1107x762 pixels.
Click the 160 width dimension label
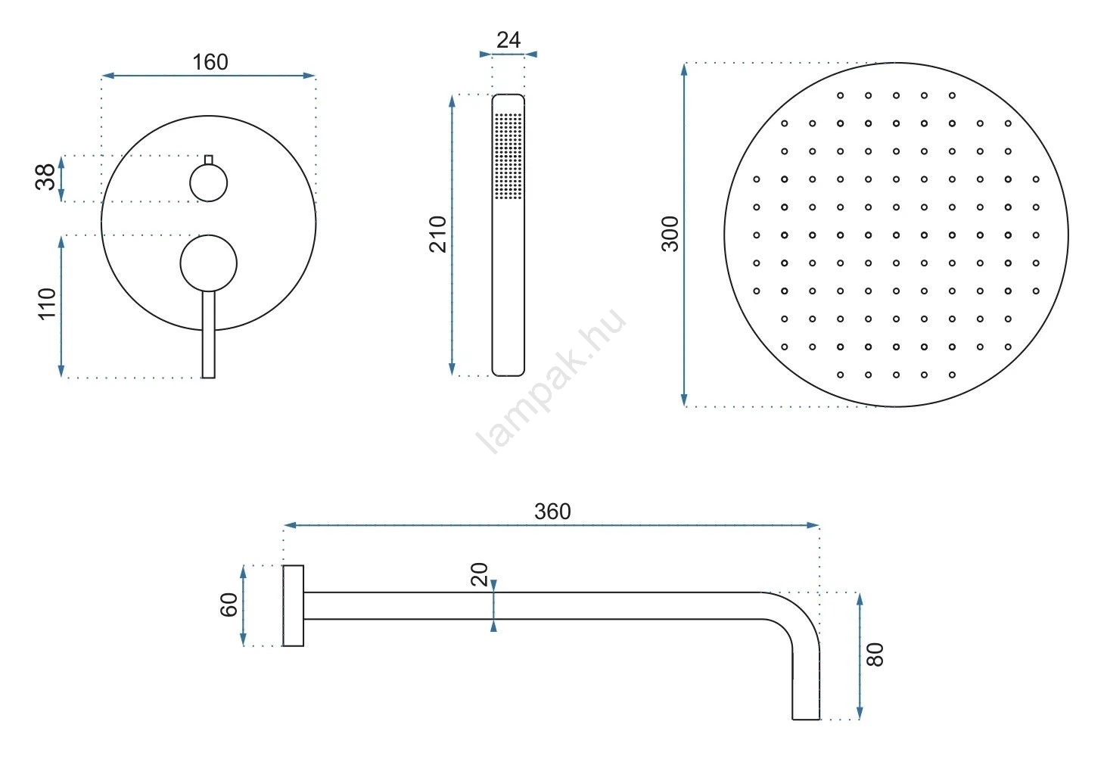click(210, 62)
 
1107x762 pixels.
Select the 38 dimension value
click(45, 176)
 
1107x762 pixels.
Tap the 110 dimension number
click(47, 304)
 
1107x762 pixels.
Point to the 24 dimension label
click(508, 40)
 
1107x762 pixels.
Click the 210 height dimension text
click(438, 235)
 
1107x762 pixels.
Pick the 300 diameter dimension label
click(670, 235)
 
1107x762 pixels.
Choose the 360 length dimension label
click(552, 512)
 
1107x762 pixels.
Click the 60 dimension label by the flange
click(229, 605)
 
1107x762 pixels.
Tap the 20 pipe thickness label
click(480, 574)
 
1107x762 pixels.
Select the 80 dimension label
click(875, 655)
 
